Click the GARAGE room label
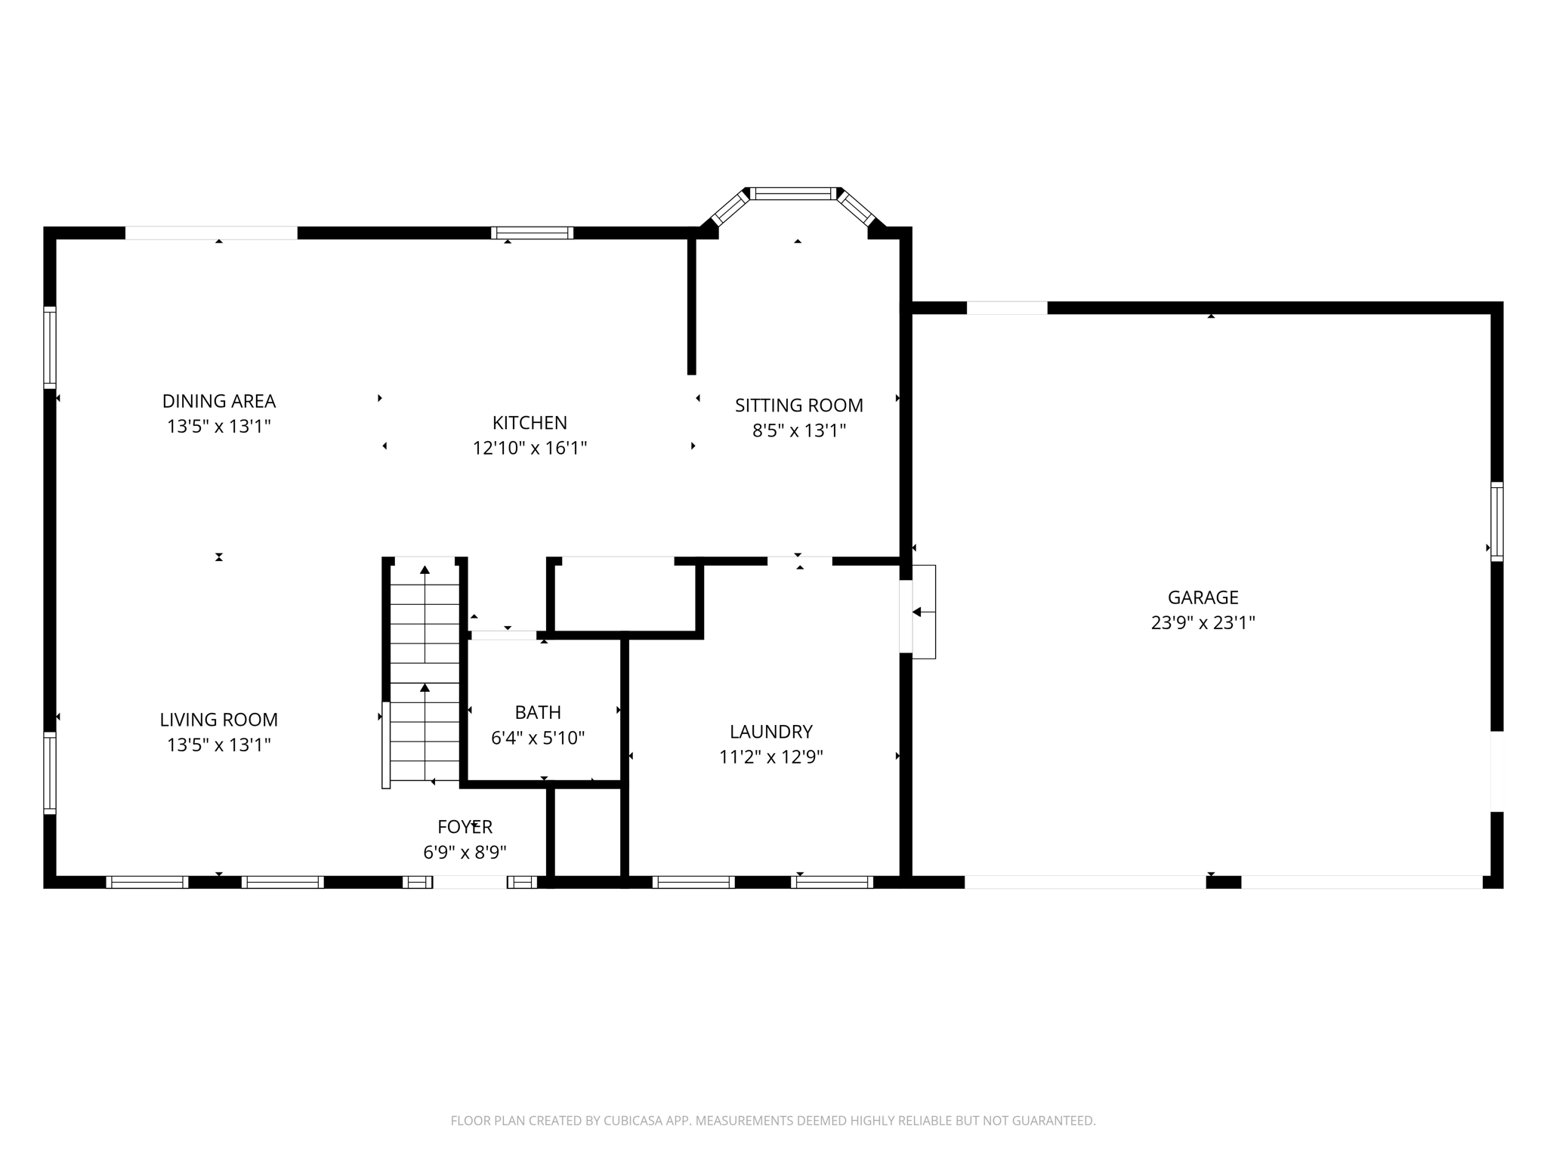pyautogui.click(x=1203, y=597)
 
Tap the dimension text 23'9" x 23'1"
pyautogui.click(x=1203, y=623)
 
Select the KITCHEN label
pyautogui.click(x=530, y=423)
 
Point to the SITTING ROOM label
pyautogui.click(x=798, y=406)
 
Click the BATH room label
pyautogui.click(x=538, y=712)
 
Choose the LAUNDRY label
pyautogui.click(x=770, y=732)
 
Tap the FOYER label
pyautogui.click(x=465, y=827)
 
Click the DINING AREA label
pyautogui.click(x=219, y=401)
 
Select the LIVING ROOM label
pyautogui.click(x=219, y=720)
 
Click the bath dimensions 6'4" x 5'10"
pyautogui.click(x=538, y=738)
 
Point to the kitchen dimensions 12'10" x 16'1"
pyautogui.click(x=530, y=449)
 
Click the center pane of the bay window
pyautogui.click(x=793, y=193)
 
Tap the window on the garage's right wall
pyautogui.click(x=1496, y=521)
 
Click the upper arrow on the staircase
pyautogui.click(x=425, y=569)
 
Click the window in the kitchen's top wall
pyautogui.click(x=532, y=233)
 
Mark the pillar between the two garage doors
pyautogui.click(x=1223, y=882)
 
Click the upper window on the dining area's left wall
pyautogui.click(x=50, y=347)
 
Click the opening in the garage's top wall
pyautogui.click(x=1006, y=308)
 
